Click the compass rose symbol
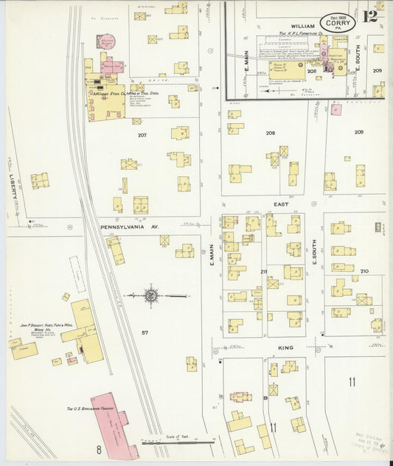point(151,296)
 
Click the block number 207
point(142,135)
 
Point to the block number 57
point(145,333)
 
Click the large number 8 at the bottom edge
point(97,448)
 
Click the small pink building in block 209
point(336,110)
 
